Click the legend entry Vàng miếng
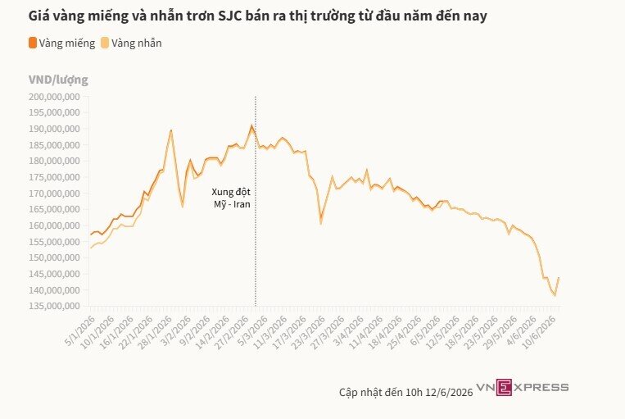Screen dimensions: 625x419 coord(61,43)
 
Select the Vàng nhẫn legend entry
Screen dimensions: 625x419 coord(131,43)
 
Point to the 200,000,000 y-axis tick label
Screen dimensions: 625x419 coord(54,97)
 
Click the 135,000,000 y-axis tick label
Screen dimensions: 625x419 coord(54,306)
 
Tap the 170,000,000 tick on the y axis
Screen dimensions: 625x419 coord(54,194)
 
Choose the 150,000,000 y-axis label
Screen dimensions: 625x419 coord(54,257)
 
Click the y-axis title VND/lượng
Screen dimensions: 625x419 coord(58,80)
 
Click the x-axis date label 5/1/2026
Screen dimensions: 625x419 coord(79,331)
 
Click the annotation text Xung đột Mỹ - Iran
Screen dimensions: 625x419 coord(231,198)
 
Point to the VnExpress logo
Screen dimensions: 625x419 coord(523,387)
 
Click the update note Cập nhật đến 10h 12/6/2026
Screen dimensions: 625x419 coord(405,392)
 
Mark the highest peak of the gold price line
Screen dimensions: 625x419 coord(251,125)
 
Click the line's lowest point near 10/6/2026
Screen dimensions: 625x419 coord(555,296)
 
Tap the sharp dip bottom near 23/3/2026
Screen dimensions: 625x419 coord(320,223)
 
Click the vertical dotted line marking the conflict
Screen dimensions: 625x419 coord(256,201)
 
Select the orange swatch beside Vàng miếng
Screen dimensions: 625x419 coord(33,43)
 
